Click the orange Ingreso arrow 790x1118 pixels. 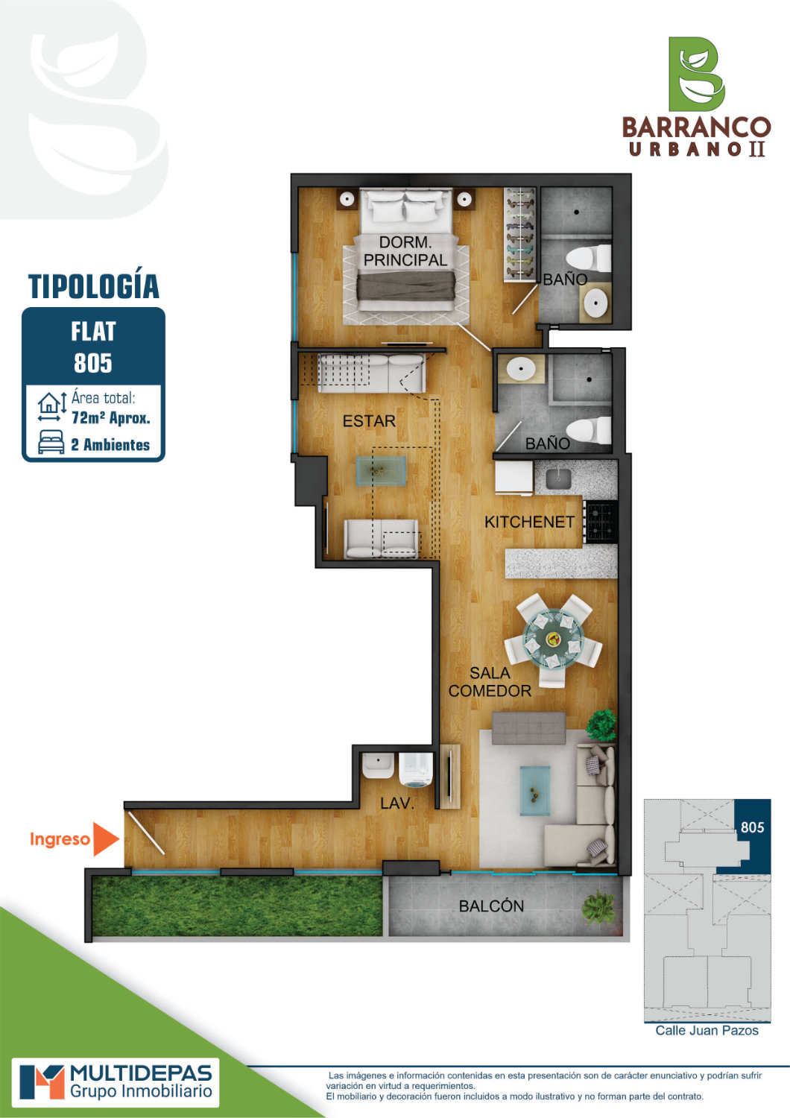pos(105,839)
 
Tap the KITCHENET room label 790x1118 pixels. pos(529,522)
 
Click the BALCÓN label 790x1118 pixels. pos(491,906)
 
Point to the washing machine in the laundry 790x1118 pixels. pos(416,770)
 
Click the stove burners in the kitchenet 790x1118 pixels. pos(601,522)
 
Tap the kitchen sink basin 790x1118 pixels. pos(558,479)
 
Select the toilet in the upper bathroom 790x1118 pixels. pos(589,258)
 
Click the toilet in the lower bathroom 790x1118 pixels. pos(589,430)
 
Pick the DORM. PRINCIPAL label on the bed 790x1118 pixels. pos(405,251)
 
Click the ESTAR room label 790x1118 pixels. pos(369,421)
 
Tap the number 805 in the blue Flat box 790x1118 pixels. pos(93,363)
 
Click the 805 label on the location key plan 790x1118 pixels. pos(752,827)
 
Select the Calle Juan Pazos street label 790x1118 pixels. pos(707,1031)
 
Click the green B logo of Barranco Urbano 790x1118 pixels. pos(696,74)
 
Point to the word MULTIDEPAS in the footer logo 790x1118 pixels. pos(142,1073)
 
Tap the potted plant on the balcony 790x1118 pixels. pos(598,907)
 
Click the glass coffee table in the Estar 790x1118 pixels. pos(381,470)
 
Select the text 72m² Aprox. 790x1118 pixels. pos(111,417)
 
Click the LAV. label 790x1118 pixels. pos(396,803)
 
